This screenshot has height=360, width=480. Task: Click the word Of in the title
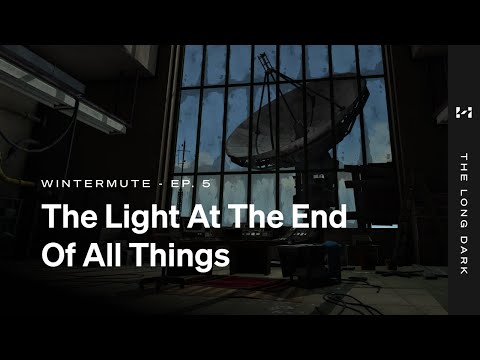tap(59, 255)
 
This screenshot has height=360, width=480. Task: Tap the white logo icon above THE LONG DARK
tap(463, 113)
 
